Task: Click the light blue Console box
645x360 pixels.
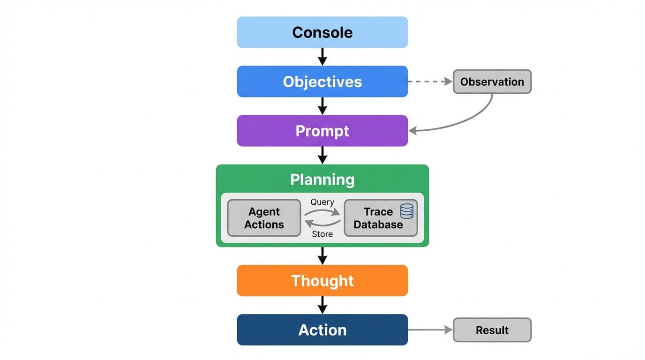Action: pos(322,32)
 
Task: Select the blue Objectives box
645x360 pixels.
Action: pos(322,82)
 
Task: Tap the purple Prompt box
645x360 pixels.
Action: pos(322,131)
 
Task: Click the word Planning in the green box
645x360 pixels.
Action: pos(322,180)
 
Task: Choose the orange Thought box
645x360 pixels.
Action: pos(322,280)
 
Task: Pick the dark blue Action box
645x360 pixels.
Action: pos(322,330)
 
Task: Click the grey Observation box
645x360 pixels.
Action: pos(492,82)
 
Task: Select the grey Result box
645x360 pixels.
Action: pos(492,330)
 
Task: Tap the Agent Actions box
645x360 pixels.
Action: pos(264,218)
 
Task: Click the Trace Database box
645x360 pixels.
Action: pos(378,218)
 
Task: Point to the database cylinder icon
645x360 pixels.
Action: pos(407,211)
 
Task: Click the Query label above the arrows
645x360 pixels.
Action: pos(322,202)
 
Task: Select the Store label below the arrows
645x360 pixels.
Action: pos(322,234)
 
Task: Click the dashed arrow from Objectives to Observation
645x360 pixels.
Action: pos(429,82)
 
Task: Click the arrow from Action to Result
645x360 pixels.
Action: pos(430,330)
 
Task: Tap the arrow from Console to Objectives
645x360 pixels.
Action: pos(322,56)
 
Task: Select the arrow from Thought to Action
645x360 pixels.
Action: pos(322,305)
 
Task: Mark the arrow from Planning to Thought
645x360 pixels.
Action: pos(322,255)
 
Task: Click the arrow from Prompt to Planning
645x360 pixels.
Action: pos(322,155)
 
